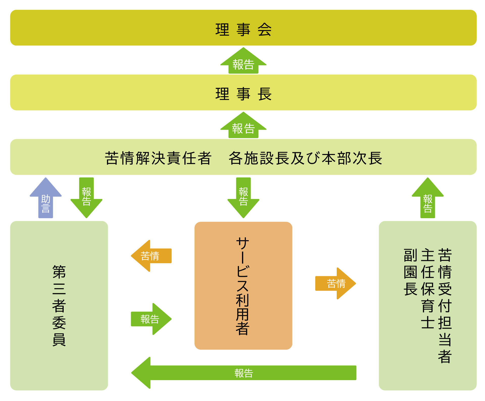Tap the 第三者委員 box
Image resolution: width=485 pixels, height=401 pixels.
pyautogui.click(x=59, y=305)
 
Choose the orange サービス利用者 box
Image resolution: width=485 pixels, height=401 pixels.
pyautogui.click(x=243, y=286)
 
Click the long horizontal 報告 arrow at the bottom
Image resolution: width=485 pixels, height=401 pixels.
pyautogui.click(x=244, y=373)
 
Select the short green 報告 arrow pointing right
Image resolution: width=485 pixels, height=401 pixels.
pyautogui.click(x=151, y=319)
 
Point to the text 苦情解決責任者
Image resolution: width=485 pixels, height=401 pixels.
pyautogui.click(x=158, y=158)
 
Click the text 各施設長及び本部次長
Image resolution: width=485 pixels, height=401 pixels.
pyautogui.click(x=305, y=158)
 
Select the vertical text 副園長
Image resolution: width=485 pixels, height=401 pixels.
pyautogui.click(x=410, y=272)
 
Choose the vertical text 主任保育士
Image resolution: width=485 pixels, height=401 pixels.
pyautogui.click(x=428, y=289)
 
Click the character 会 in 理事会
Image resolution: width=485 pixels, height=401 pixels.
pyautogui.click(x=264, y=30)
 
